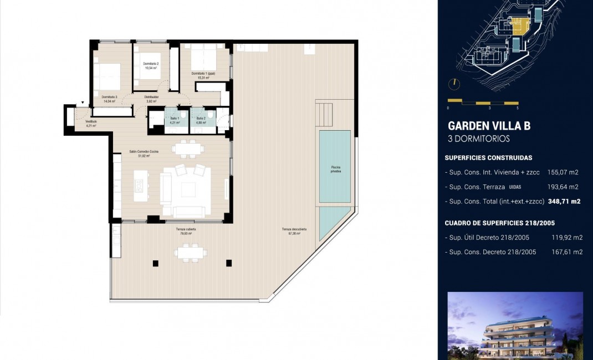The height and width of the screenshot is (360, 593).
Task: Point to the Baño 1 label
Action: [x=175, y=120]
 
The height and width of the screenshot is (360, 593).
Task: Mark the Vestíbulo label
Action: [x=91, y=123]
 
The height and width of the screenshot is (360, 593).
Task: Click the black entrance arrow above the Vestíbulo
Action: [x=83, y=103]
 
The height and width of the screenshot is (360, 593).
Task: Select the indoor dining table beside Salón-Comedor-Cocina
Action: [x=187, y=148]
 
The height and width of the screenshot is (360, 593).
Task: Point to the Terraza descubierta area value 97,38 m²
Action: [x=294, y=233]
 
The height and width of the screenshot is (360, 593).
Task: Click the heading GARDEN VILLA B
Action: [x=488, y=126]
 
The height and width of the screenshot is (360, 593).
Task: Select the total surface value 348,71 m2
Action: [x=564, y=202]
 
